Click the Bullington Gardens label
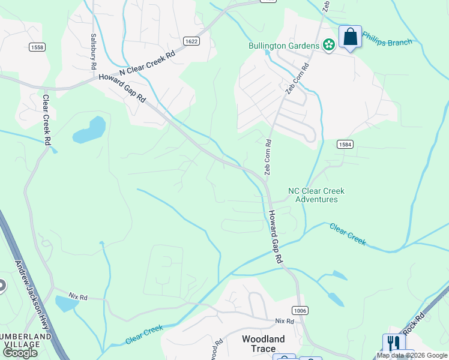click(284, 46)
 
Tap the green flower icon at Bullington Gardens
click(328, 45)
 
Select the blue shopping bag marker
click(350, 37)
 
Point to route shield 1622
click(191, 41)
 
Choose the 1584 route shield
click(344, 145)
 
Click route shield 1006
click(300, 310)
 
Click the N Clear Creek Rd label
click(147, 62)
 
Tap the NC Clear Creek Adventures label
click(316, 195)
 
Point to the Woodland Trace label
click(263, 339)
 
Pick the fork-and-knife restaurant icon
click(394, 343)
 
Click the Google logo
click(20, 353)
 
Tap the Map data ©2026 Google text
click(411, 356)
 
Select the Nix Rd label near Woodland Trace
click(285, 322)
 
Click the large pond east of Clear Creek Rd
click(90, 130)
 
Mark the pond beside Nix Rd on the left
click(67, 304)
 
